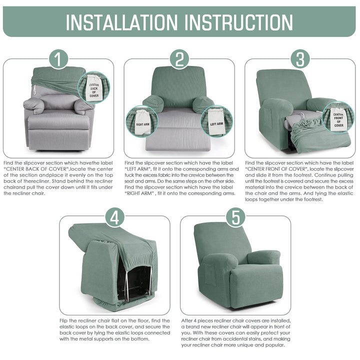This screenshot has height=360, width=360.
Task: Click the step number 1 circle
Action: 58,59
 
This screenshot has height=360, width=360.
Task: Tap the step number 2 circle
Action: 179,59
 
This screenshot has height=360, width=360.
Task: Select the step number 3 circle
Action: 300,59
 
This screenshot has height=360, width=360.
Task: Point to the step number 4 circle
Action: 115,217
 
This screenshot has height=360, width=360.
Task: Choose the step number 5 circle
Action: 235,217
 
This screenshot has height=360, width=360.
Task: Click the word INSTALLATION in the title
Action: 121,22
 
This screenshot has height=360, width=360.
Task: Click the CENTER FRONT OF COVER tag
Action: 338,119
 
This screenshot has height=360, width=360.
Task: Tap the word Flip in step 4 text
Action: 64,320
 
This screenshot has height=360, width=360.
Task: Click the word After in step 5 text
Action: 187,320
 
